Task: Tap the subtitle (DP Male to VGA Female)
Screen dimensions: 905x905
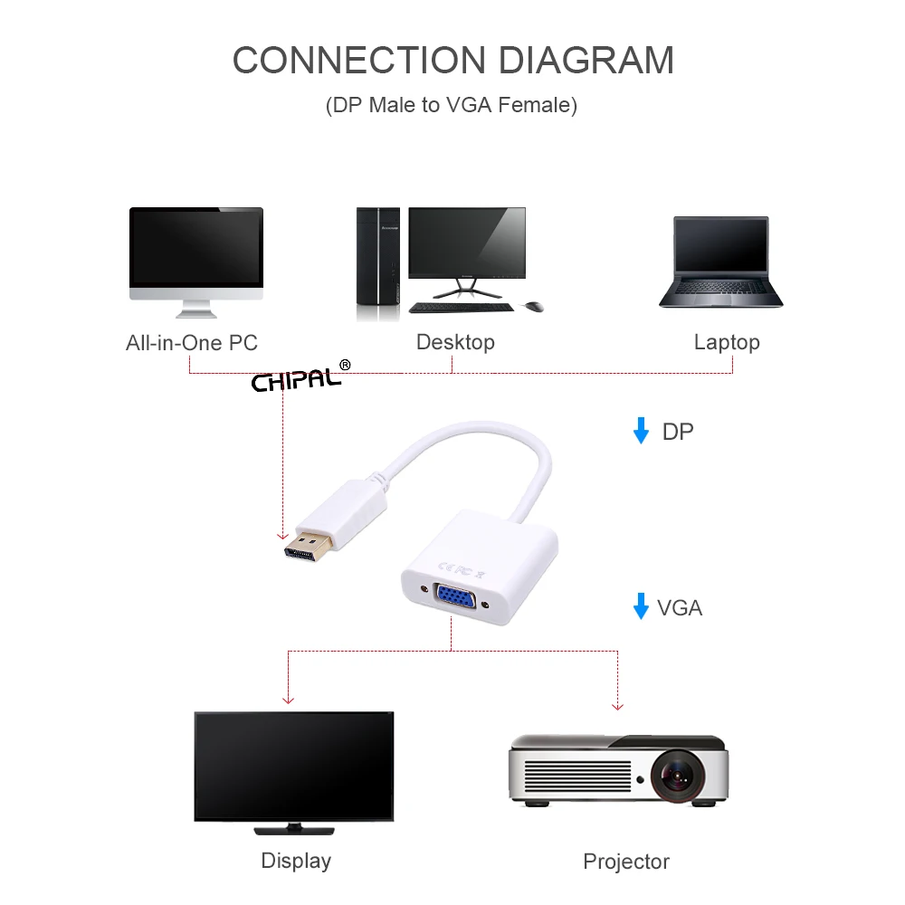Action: tap(452, 105)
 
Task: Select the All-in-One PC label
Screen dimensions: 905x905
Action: tap(192, 343)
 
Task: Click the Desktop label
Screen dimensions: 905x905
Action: tap(455, 342)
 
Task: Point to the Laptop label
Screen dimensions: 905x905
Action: tap(727, 342)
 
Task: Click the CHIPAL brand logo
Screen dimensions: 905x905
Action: tap(298, 379)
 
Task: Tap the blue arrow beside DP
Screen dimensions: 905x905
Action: tap(641, 431)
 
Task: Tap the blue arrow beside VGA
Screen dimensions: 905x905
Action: tap(641, 606)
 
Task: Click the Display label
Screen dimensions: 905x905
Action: tap(296, 860)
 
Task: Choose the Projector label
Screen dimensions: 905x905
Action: tap(626, 862)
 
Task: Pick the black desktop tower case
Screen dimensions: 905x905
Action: tap(377, 262)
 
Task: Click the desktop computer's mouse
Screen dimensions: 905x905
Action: tap(534, 307)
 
